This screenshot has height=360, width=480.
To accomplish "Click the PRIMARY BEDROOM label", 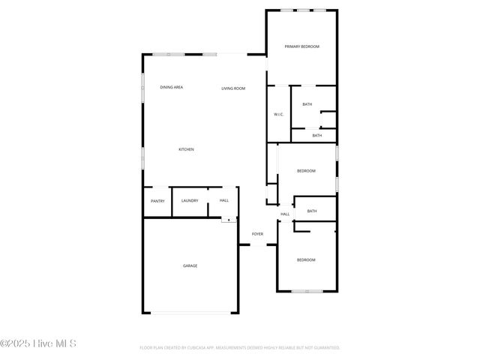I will coord(302,46).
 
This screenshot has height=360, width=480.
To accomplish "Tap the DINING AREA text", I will coord(172,88).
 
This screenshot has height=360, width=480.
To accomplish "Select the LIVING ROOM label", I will coord(233,88).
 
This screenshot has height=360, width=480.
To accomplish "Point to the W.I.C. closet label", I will coord(277,114).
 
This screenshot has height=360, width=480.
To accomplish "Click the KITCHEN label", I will coord(186,149).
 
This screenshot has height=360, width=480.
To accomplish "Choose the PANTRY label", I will coord(157,201).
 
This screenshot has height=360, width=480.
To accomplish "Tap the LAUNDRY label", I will coord(190,200).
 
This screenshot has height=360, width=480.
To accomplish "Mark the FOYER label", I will coord(257,234).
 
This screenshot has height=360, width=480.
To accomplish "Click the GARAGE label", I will coord(190,265).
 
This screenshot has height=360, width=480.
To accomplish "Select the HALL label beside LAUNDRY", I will coord(224,200).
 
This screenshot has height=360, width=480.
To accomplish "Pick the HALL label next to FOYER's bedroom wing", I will coord(285,214).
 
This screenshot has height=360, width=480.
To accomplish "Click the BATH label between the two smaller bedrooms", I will coord(312,211).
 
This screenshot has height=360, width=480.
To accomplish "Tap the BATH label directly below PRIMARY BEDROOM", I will coord(307,104).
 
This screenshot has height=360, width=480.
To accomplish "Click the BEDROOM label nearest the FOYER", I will coord(306,259).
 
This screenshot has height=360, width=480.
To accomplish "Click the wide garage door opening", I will coord(190,313).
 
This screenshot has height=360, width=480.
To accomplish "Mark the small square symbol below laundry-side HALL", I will coord(228,220).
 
